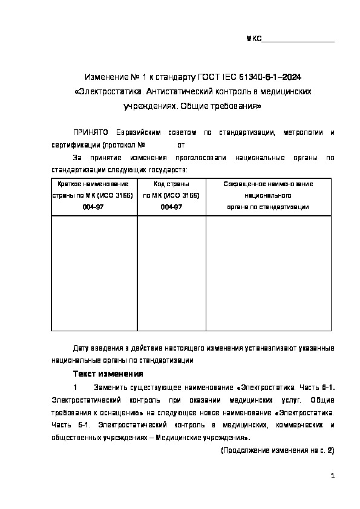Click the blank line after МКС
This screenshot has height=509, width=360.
(x=298, y=40)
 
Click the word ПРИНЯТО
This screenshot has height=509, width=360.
(x=90, y=132)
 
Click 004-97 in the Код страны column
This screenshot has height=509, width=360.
(x=171, y=207)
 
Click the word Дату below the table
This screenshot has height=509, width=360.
(x=82, y=348)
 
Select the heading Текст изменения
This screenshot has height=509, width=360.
(x=108, y=373)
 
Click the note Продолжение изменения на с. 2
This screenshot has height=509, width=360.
(x=277, y=451)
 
